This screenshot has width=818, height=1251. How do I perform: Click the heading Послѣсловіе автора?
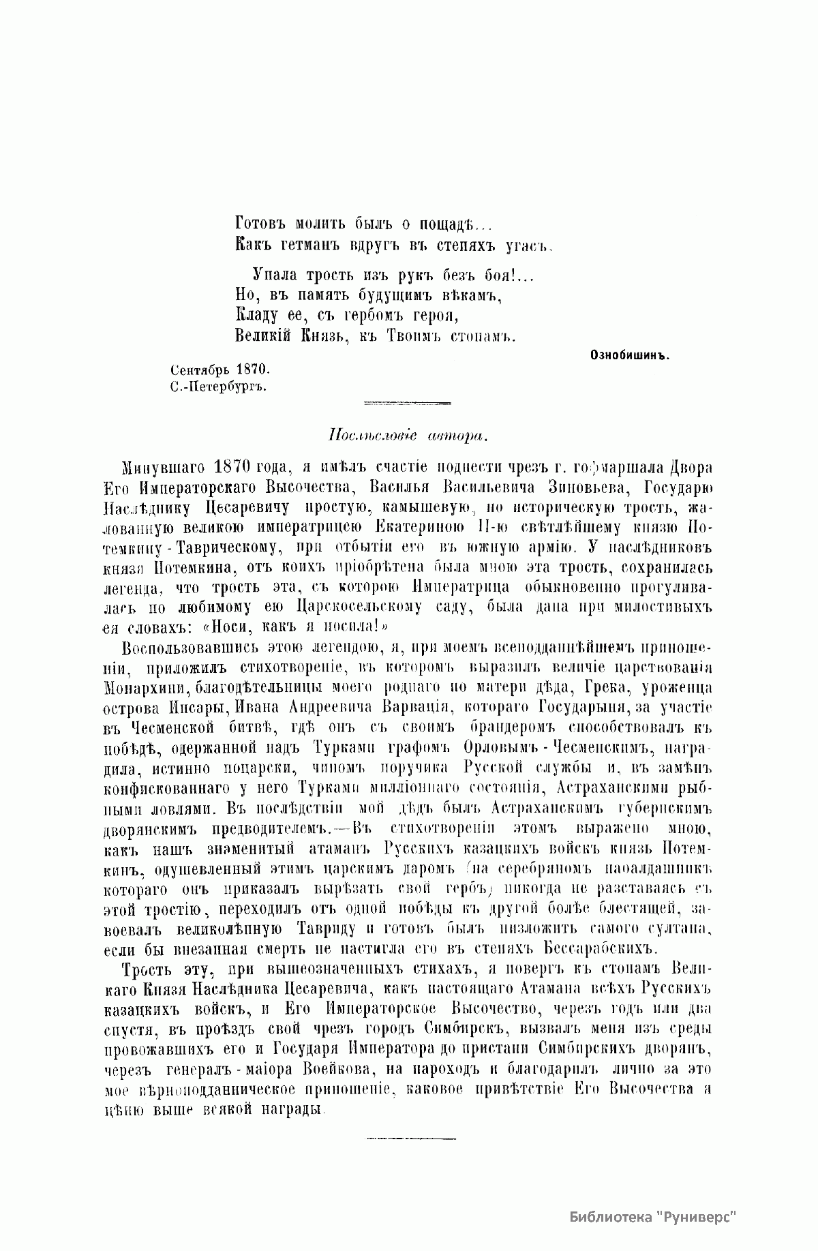pos(408,434)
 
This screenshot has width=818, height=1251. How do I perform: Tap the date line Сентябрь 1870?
pos(220,369)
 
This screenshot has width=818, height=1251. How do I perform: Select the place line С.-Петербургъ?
pos(217,386)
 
